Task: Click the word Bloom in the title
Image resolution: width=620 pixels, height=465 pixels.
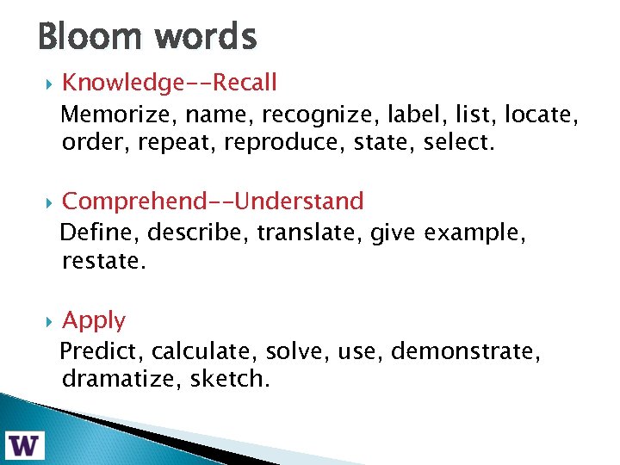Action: pos(90,37)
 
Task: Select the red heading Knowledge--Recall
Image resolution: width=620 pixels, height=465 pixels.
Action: pos(170,83)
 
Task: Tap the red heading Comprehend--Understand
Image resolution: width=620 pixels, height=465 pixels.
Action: pos(213,201)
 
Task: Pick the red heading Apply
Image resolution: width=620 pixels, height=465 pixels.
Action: pos(94,320)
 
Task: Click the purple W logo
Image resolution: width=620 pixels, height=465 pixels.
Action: pos(26,444)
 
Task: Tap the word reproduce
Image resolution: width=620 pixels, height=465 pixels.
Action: pos(273,142)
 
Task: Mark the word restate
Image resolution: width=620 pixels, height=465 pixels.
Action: pos(104,261)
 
